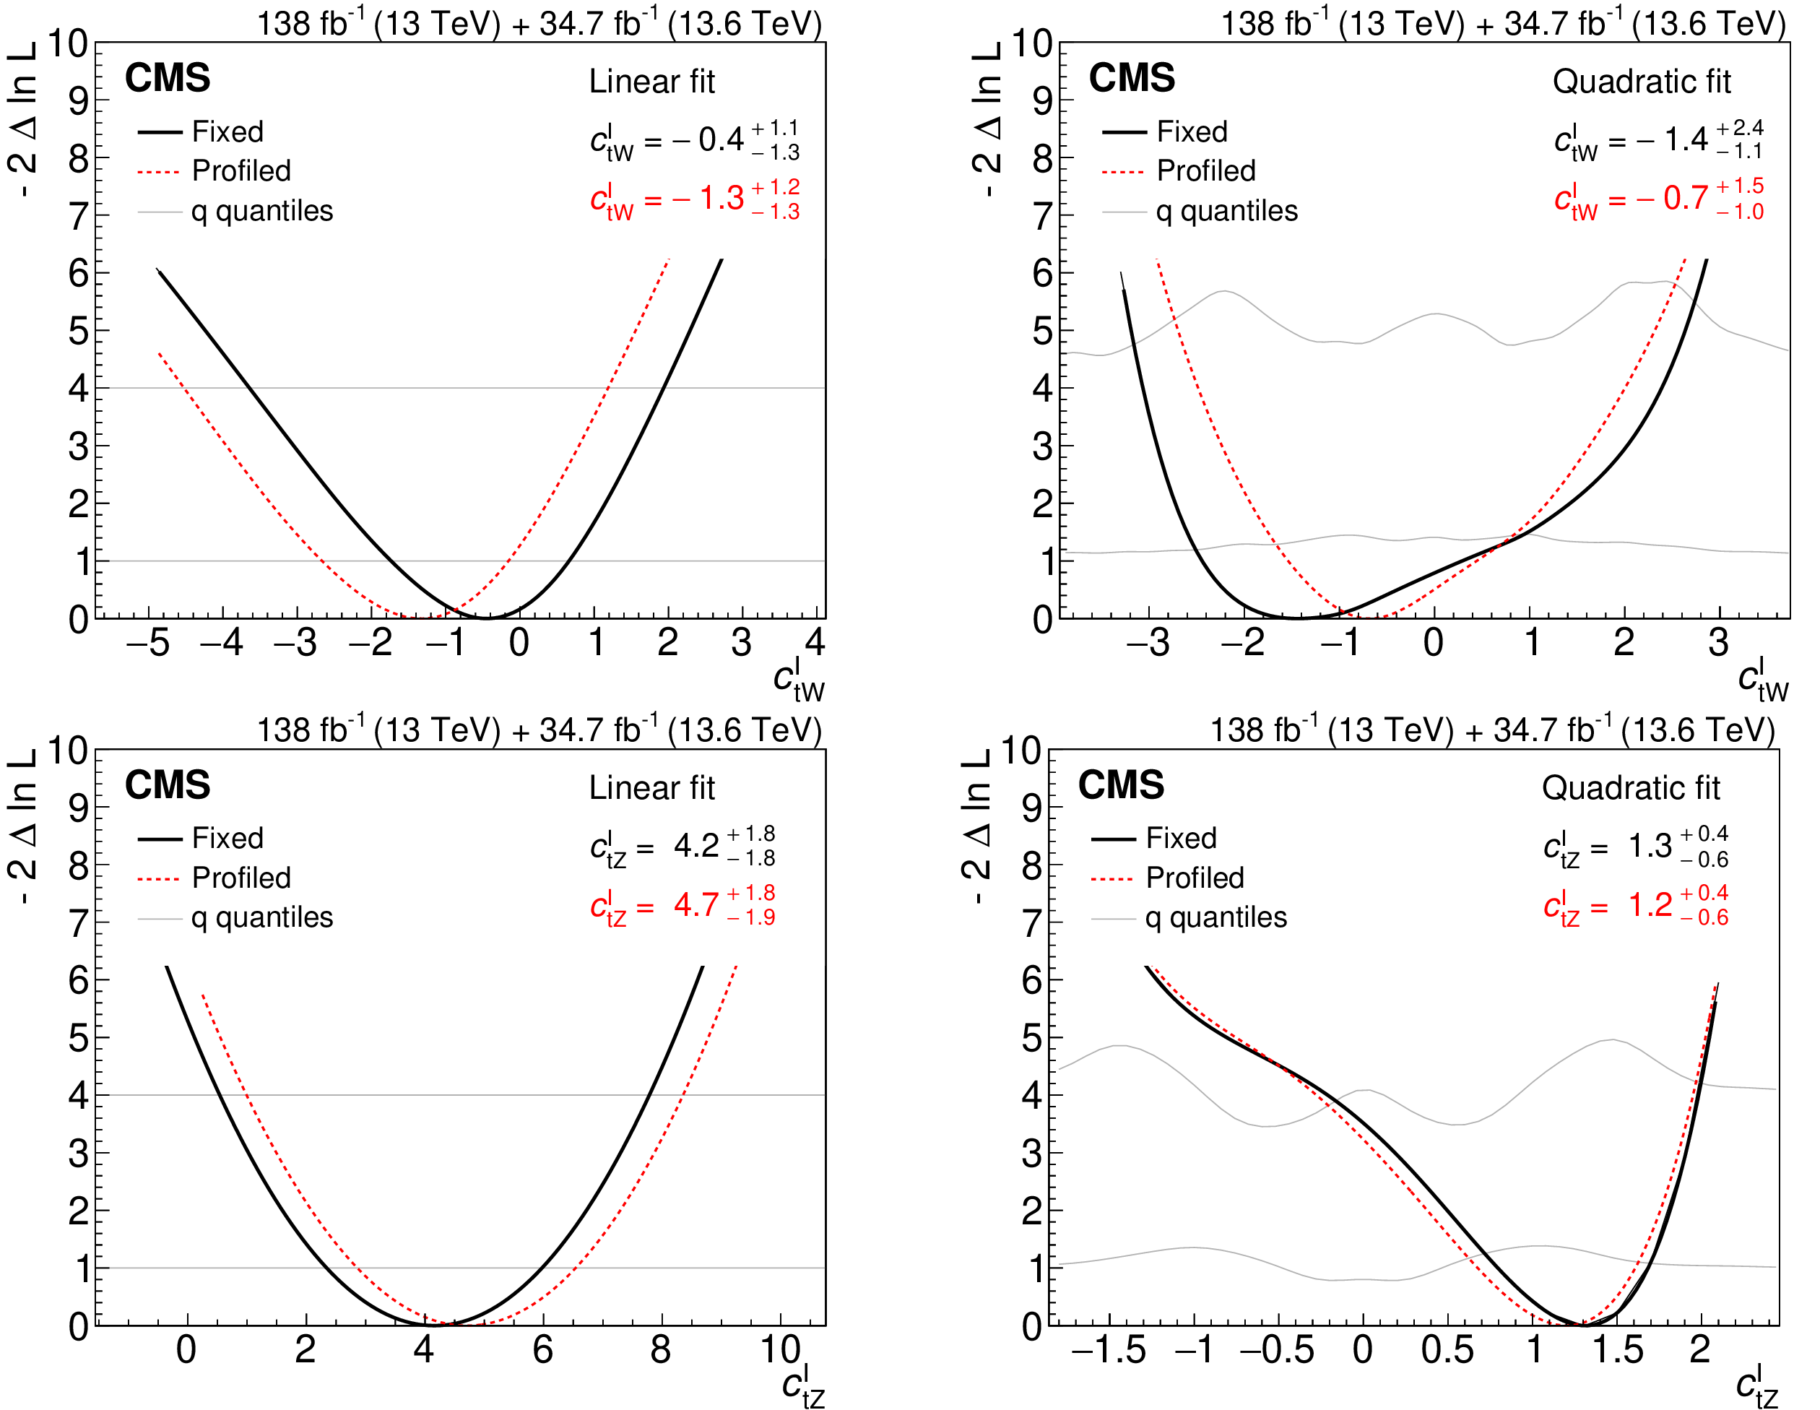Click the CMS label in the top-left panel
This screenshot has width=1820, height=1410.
point(168,78)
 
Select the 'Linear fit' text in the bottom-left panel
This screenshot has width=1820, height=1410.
point(651,787)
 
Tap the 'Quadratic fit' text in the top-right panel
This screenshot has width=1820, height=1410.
point(1642,82)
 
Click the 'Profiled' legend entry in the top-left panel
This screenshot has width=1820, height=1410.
point(240,171)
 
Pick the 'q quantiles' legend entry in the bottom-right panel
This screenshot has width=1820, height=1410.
point(1215,917)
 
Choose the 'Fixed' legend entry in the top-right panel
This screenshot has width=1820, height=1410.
point(1192,131)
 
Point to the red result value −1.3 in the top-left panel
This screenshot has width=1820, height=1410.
point(708,199)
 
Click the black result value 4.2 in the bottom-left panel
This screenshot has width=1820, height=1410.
point(695,845)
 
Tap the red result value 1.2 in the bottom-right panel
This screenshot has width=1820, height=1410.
point(1650,904)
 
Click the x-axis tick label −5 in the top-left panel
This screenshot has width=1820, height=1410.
point(148,642)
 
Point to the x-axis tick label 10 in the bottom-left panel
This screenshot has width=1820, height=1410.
point(780,1349)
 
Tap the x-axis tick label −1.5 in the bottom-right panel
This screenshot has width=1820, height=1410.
point(1109,1349)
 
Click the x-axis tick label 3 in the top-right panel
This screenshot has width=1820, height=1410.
point(1718,642)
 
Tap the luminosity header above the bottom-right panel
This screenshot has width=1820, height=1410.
point(1491,730)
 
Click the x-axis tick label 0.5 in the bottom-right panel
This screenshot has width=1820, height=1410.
point(1447,1349)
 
